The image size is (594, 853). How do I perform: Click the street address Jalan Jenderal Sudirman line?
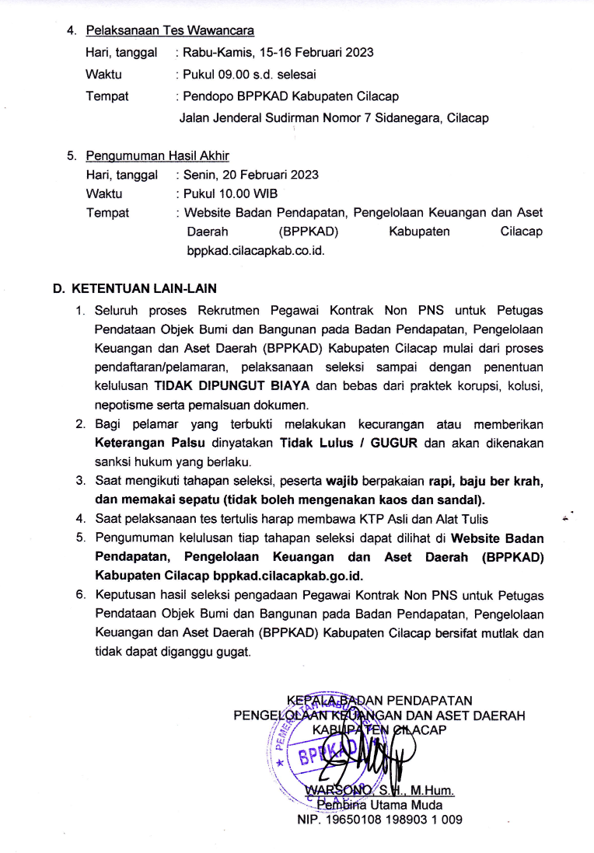(334, 118)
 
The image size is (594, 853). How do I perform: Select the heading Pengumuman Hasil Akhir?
(157, 155)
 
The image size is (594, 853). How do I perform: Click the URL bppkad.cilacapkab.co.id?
(255, 251)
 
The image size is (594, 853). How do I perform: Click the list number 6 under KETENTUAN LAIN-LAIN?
(79, 595)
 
